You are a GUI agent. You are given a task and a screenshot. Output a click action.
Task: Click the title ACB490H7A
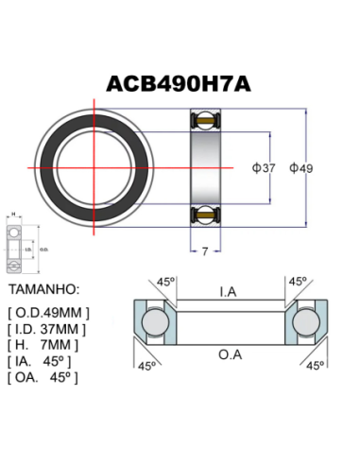pyautogui.click(x=180, y=82)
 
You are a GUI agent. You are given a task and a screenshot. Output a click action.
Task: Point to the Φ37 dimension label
pyautogui.click(x=264, y=168)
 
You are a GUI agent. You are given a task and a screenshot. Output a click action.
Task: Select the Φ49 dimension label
pyautogui.click(x=300, y=168)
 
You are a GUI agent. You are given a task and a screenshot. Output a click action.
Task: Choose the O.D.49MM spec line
pyautogui.click(x=48, y=312)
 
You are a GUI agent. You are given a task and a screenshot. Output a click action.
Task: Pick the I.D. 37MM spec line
pyautogui.click(x=46, y=328)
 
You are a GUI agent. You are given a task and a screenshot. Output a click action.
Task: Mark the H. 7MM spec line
pyautogui.click(x=45, y=344)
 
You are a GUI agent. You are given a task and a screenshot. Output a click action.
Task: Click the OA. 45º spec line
pyautogui.click(x=42, y=376)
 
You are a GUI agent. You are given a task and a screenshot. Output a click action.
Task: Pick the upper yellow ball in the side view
pyautogui.click(x=204, y=121)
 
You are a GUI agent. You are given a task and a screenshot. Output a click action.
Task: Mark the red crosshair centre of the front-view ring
pyautogui.click(x=95, y=167)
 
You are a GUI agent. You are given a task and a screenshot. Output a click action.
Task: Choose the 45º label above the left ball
pyautogui.click(x=167, y=282)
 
